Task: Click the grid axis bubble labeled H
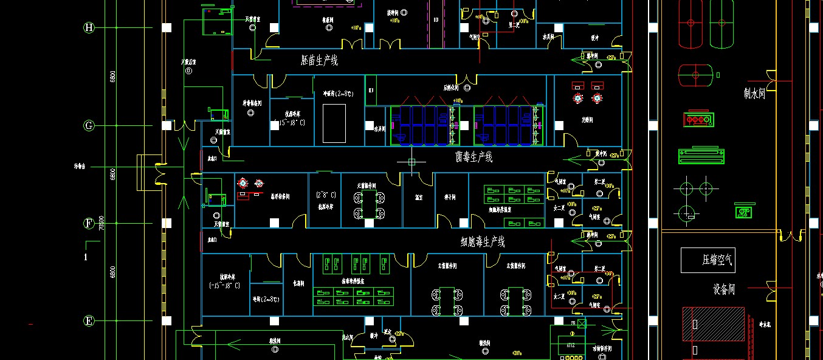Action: [89, 27]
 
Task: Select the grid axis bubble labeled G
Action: [89, 126]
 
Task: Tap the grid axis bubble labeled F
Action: [89, 223]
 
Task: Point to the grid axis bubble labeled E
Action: [89, 321]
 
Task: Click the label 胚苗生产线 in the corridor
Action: [319, 60]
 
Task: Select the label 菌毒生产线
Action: [474, 157]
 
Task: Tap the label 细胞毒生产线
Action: [483, 242]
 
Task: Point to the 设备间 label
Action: [724, 289]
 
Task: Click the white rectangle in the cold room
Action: [334, 123]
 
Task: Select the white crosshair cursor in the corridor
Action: [411, 162]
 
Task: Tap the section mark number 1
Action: [86, 257]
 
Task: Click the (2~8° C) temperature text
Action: [326, 195]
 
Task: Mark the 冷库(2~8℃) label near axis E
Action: [266, 299]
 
